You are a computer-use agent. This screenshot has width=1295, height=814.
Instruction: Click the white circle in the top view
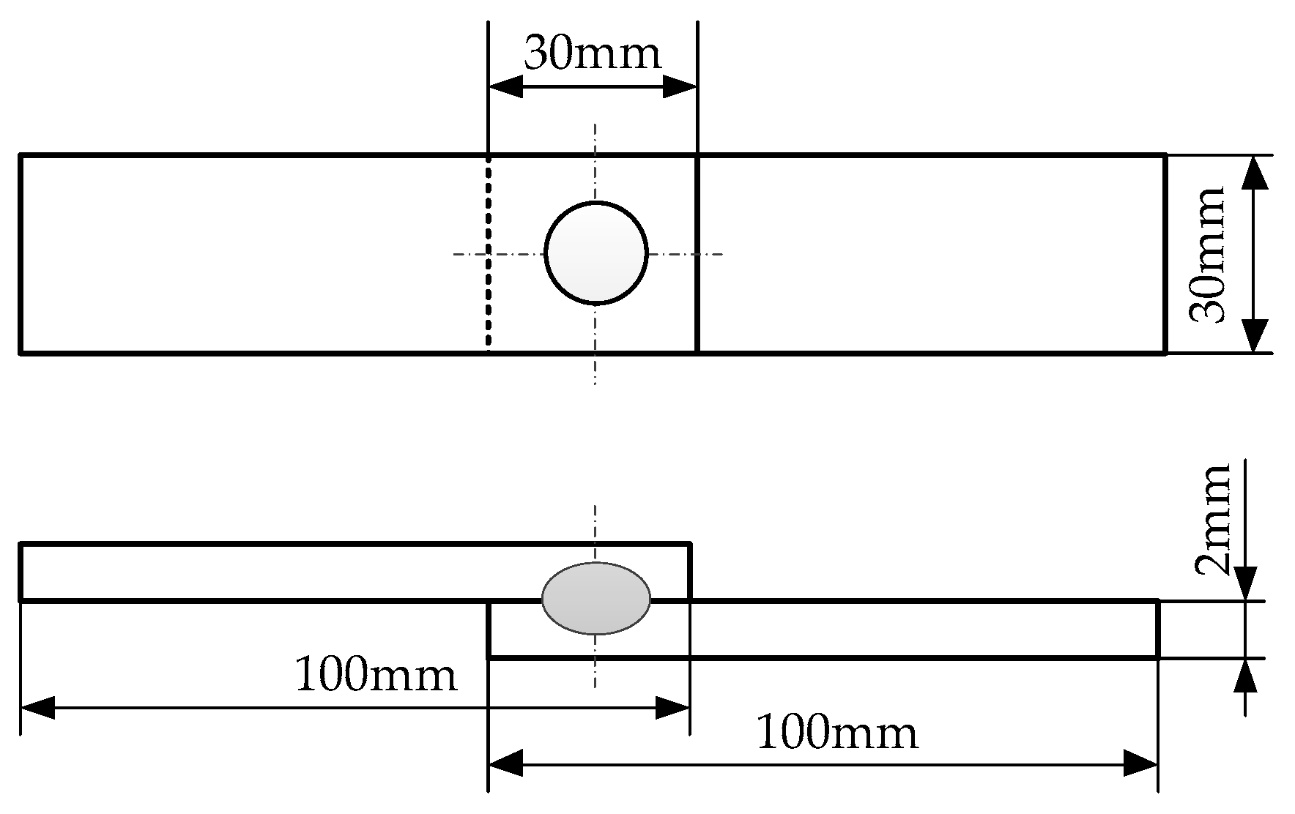pos(596,253)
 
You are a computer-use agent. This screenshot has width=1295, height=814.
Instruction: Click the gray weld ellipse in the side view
pos(595,598)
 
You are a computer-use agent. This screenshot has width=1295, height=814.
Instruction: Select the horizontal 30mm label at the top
pos(592,53)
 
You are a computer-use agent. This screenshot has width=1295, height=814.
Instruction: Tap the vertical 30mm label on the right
pos(1207,254)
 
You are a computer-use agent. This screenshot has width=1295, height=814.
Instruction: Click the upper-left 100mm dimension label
pos(375,675)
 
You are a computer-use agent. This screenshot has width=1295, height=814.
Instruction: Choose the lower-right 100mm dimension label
pos(836,733)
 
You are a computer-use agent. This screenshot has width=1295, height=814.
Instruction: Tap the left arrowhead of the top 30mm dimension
pos(505,88)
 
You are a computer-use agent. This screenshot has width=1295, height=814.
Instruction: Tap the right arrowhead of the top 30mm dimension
pos(680,88)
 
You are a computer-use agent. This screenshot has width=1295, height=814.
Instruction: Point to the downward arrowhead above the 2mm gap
pos(1245,584)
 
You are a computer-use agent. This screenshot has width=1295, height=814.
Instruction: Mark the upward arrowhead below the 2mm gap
pos(1245,676)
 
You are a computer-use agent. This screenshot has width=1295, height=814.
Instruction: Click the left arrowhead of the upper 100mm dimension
pos(38,708)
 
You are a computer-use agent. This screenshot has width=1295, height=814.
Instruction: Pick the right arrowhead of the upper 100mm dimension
pos(672,708)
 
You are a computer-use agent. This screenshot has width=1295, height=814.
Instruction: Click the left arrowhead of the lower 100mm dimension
pos(505,765)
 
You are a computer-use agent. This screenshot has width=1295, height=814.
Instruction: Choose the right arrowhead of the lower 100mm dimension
pos(1140,765)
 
